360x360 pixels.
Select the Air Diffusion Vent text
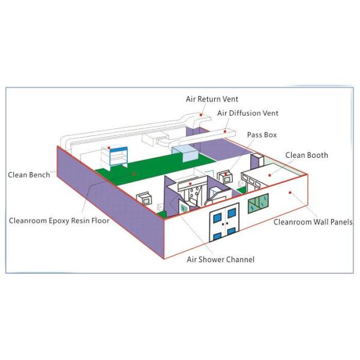click(248, 113)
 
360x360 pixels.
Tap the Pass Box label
click(262, 135)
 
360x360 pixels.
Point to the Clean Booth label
click(307, 155)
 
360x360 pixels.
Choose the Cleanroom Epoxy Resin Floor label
click(59, 220)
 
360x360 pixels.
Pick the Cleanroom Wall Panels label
click(313, 221)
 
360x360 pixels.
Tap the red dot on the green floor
click(134, 175)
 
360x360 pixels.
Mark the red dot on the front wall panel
click(290, 193)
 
